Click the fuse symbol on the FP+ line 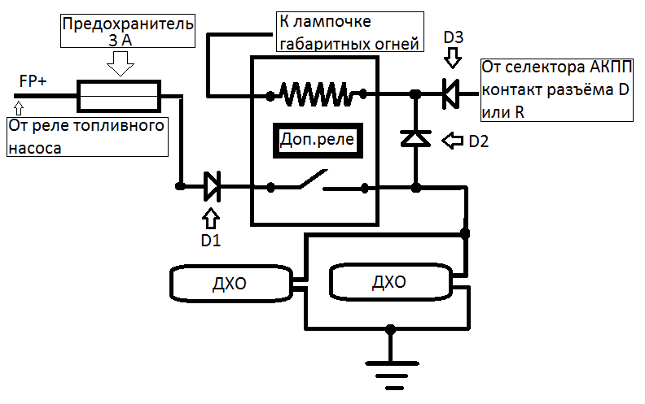(123, 96)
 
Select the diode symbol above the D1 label (212, 187)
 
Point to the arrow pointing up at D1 (211, 217)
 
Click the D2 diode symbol (415, 139)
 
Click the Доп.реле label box (316, 140)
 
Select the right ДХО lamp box (390, 284)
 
